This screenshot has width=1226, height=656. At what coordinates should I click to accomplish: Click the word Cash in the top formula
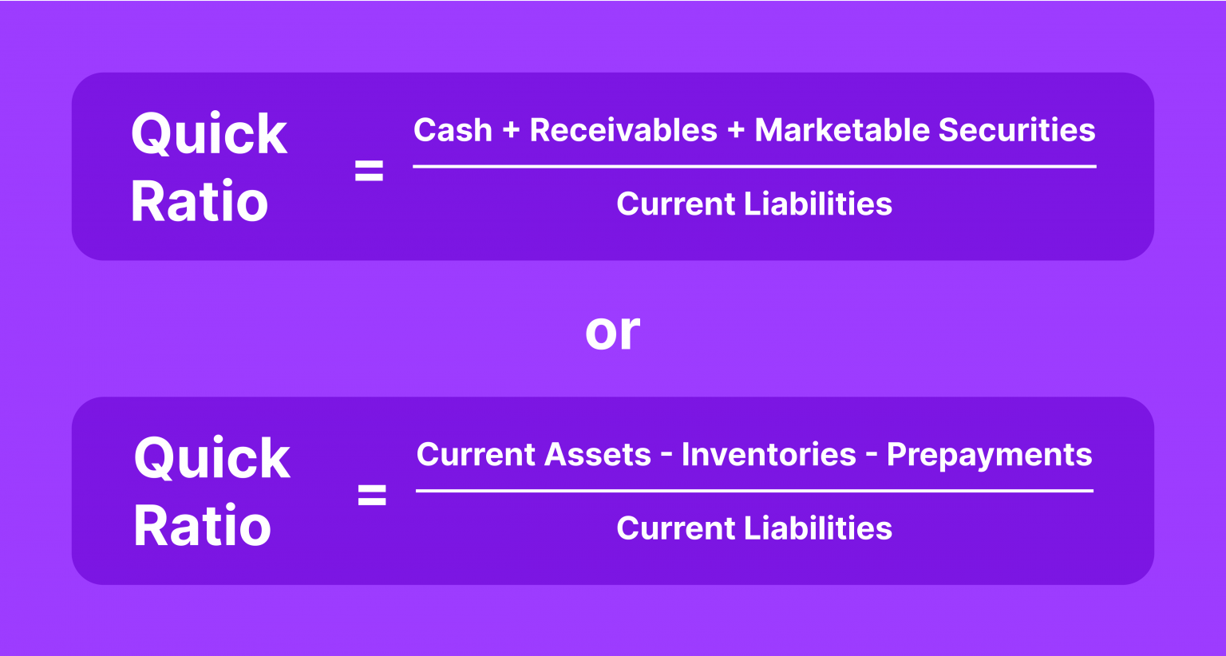click(453, 130)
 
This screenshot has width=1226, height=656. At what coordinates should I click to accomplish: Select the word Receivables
click(623, 130)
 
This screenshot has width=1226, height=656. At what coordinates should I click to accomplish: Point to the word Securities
click(1017, 130)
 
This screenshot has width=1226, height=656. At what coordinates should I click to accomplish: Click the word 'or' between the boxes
click(612, 331)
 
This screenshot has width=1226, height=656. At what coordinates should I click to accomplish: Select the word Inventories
click(769, 455)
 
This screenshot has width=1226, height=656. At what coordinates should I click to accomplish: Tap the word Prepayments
click(989, 455)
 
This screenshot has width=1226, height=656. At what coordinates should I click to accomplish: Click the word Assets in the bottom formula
click(598, 455)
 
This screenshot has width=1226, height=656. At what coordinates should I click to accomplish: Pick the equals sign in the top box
click(369, 171)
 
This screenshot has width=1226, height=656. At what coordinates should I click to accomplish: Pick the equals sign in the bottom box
click(372, 496)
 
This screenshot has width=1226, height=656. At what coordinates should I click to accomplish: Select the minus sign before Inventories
click(666, 456)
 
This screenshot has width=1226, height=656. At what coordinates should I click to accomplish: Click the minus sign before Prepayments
click(871, 456)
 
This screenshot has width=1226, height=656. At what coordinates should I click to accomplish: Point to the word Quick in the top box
click(209, 134)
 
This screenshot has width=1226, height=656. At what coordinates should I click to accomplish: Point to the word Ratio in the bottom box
click(202, 526)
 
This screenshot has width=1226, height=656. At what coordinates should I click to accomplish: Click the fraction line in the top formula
click(754, 167)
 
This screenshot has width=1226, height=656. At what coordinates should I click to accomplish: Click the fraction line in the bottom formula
click(754, 491)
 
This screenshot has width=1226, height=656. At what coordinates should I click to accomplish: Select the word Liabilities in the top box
click(818, 204)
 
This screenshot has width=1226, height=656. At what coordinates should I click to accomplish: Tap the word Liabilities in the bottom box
click(818, 528)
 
